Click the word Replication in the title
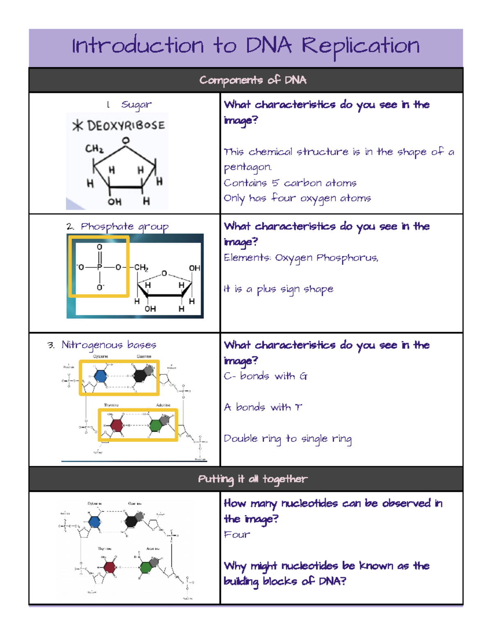360,46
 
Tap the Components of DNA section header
253,80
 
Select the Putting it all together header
253,479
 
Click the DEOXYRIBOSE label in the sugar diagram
126,125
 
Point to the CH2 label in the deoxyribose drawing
94,148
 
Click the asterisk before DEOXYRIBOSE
77,125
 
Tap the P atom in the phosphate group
99,267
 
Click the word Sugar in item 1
136,105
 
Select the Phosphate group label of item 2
124,227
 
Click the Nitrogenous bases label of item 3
109,345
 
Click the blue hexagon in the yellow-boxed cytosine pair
100,376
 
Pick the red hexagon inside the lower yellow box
117,425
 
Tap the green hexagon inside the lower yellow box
156,425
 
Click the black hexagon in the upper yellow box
141,376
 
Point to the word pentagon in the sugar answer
247,167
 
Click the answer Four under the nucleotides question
237,534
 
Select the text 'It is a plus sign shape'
278,289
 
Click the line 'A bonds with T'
263,407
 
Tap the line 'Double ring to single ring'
287,439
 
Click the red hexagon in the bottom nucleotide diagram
109,567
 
